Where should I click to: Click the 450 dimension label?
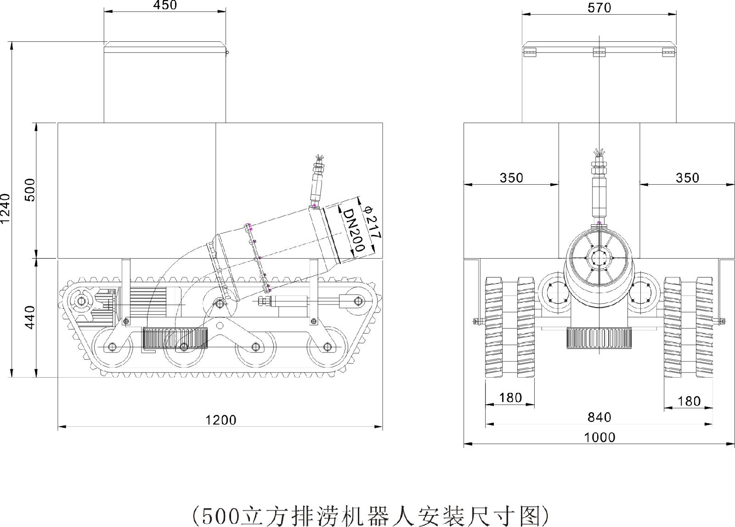[164, 6]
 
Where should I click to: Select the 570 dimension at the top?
[599, 8]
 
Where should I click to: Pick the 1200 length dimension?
[220, 419]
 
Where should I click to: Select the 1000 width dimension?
[599, 437]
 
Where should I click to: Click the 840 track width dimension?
[599, 417]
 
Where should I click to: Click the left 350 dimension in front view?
[511, 177]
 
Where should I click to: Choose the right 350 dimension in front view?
[687, 177]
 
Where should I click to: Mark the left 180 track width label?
[510, 397]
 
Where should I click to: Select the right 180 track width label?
[689, 401]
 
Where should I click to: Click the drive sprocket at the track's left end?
[81, 301]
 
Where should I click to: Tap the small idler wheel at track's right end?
[356, 301]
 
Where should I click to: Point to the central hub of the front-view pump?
[599, 259]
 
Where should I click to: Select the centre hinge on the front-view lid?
[599, 52]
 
